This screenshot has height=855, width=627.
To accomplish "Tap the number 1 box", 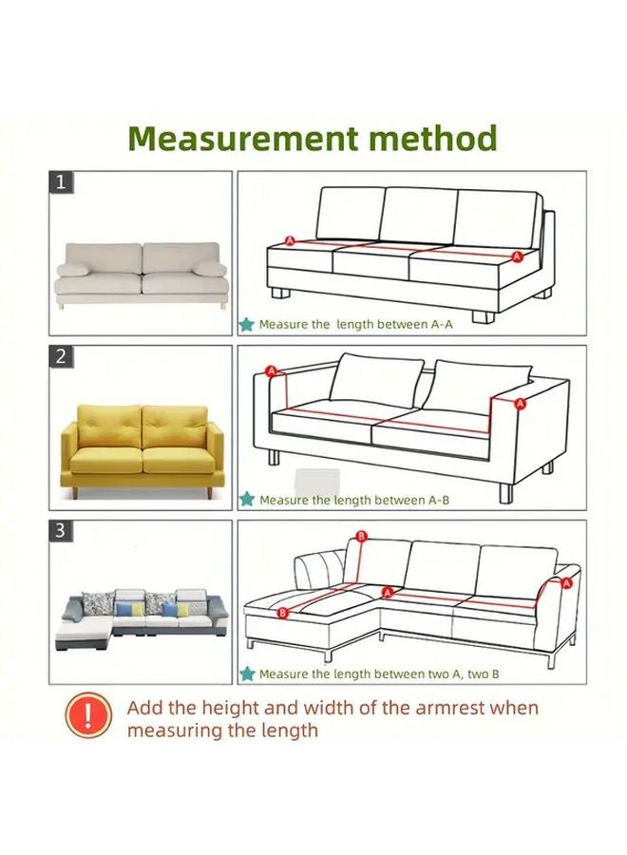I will point(61,182).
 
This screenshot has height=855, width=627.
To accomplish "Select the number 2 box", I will point(61,357).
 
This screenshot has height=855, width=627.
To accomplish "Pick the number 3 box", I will point(61,531).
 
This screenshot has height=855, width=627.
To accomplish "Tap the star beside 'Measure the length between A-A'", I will point(247,324).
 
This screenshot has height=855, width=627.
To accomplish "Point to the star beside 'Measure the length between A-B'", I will point(247,499).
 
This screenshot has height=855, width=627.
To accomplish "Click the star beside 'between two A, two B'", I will point(247,674).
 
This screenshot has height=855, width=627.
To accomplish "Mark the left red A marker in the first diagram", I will point(290,241).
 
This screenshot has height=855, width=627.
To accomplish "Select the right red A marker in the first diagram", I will point(517,256).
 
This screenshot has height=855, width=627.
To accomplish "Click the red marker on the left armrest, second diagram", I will point(271,370).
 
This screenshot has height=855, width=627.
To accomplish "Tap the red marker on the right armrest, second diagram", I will point(520,404).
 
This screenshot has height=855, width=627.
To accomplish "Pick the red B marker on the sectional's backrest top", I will point(360,538).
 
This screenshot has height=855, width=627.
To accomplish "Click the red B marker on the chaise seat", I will point(282,614).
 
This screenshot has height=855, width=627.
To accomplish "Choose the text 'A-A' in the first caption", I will point(444,325).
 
